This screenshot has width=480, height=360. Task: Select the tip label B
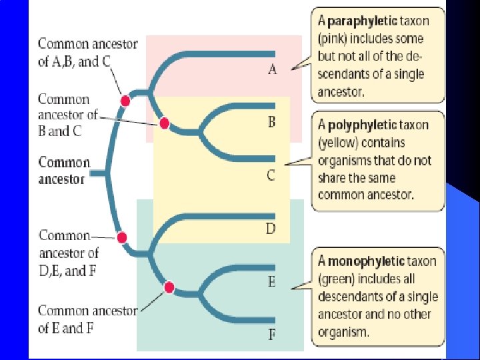pos(272,122)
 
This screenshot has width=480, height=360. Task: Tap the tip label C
pos(271,175)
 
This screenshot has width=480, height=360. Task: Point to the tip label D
pos(271,229)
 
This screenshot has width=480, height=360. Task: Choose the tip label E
pos(272,282)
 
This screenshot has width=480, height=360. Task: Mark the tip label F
pos(272,335)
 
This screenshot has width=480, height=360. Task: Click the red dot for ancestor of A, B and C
pos(125,101)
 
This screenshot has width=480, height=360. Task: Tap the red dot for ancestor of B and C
pos(165,123)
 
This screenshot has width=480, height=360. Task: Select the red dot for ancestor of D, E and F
pos(121,237)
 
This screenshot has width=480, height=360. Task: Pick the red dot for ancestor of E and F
pos(169,287)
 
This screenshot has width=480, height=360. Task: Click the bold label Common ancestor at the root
pos(63,171)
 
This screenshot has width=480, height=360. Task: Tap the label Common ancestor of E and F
pos(87,319)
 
